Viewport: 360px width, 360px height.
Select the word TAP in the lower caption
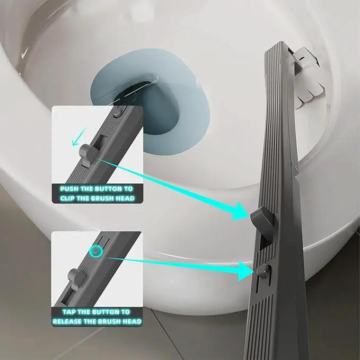pos(69,312)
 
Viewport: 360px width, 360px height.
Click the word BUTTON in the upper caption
pos(108,189)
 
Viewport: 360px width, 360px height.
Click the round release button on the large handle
pos(264,269)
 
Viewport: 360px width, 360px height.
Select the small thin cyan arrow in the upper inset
pos(78,137)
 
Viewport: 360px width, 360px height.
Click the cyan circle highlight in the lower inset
pos(96,251)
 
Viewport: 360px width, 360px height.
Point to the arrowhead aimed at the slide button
pos(240,212)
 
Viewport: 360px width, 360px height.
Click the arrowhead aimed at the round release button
pos(246,271)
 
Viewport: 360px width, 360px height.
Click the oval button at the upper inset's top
pos(118,111)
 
